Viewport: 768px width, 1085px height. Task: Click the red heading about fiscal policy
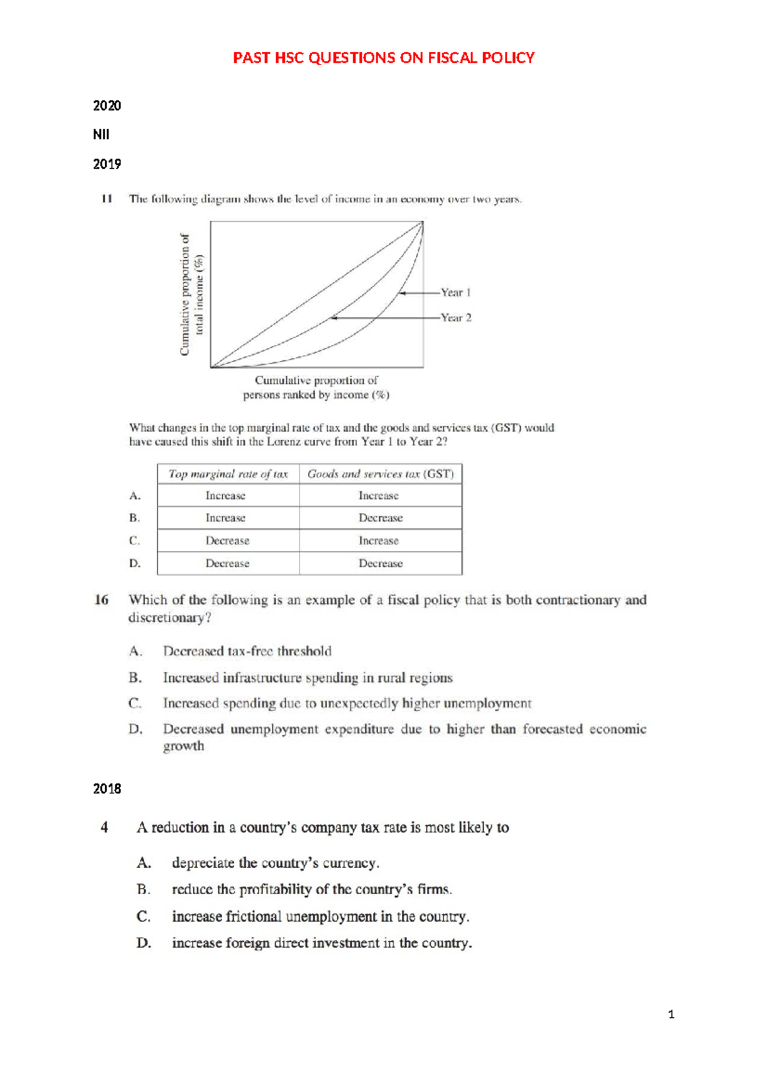(383, 58)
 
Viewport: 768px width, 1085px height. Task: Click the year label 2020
(107, 106)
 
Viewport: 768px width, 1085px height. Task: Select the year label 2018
(107, 789)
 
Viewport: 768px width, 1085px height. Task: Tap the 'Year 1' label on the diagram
(456, 292)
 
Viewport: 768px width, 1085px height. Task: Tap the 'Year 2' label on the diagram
(456, 317)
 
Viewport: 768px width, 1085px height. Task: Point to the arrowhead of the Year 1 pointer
(401, 293)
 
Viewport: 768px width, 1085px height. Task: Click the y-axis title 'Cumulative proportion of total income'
(191, 294)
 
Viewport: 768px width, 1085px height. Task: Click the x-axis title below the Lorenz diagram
(316, 388)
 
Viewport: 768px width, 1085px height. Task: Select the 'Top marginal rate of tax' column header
(228, 474)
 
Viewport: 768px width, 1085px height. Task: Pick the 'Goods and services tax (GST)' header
(380, 474)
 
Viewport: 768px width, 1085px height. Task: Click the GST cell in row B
(380, 518)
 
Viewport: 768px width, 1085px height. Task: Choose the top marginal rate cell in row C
(227, 541)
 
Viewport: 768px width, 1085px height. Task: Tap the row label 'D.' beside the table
(134, 564)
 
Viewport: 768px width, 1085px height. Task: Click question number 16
(101, 600)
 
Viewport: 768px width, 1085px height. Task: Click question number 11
(106, 199)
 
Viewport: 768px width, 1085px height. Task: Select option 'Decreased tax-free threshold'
(247, 651)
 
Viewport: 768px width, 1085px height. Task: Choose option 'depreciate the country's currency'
(275, 863)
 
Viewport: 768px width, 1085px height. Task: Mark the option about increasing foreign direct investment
(321, 943)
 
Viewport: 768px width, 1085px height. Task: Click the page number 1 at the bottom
(671, 1014)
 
